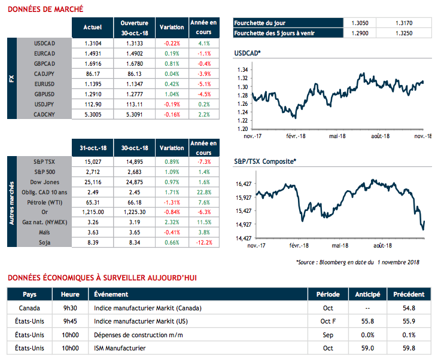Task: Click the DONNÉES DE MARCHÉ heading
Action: [x=45, y=9]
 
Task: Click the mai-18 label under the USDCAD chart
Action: [x=339, y=136]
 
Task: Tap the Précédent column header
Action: [x=409, y=294]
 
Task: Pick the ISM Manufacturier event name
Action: [x=120, y=347]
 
